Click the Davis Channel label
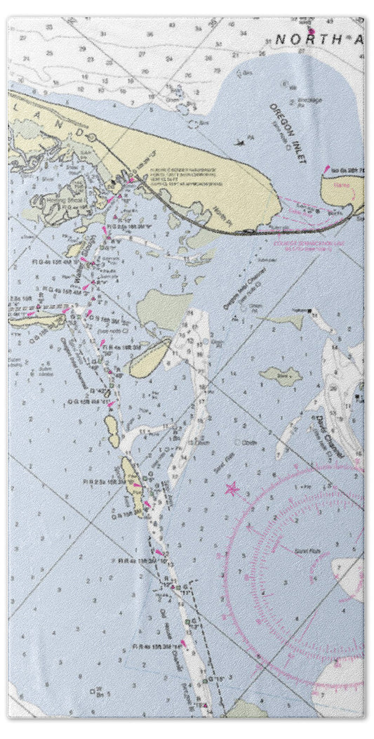[x=330, y=436]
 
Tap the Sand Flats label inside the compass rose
[x=302, y=551]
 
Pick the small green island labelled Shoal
[x=281, y=376]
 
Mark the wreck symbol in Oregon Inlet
[x=240, y=144]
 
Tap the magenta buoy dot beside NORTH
[x=311, y=31]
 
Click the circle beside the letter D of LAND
[x=91, y=134]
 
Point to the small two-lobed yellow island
[x=112, y=429]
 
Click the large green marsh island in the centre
[x=165, y=309]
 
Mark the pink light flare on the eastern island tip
[x=326, y=169]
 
